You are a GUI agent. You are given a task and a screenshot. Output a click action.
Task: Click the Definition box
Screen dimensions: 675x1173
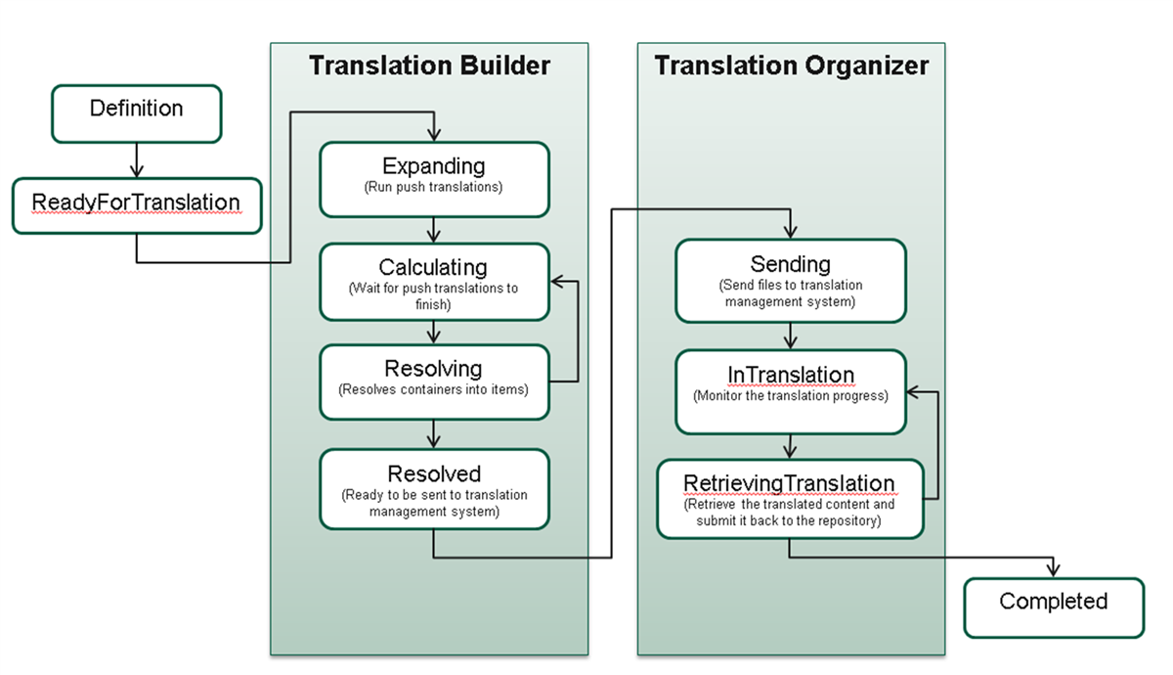tap(136, 112)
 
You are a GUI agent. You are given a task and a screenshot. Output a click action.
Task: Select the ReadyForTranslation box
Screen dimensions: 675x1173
tap(137, 205)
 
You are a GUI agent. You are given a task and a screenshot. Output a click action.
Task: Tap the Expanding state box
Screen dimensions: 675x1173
tap(434, 179)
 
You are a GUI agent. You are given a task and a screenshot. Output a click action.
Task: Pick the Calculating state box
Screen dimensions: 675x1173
tap(434, 282)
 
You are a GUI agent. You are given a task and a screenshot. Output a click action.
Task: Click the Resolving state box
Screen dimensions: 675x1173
tap(434, 382)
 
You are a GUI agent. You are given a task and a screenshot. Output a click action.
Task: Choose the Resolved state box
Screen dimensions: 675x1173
tap(434, 489)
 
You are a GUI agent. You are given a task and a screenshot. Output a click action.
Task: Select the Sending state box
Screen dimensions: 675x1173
tap(790, 280)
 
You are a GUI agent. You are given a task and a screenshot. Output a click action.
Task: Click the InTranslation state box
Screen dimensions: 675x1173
tap(790, 390)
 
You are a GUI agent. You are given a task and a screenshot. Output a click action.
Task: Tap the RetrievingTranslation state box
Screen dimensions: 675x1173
tap(789, 499)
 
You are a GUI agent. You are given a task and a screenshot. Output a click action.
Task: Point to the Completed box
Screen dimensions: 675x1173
tap(1053, 607)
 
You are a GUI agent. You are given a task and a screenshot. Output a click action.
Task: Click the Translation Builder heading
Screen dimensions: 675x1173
tap(429, 66)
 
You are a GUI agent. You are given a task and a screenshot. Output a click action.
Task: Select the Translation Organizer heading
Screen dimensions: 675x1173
tap(791, 66)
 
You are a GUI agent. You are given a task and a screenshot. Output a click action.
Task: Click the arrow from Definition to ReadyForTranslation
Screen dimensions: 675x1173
tap(137, 159)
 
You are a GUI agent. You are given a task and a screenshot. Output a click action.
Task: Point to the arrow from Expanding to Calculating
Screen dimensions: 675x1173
tap(434, 230)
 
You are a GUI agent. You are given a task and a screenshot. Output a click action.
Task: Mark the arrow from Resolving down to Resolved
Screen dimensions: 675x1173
tap(434, 434)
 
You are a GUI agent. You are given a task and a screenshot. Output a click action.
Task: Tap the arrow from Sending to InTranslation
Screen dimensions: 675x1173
tap(790, 336)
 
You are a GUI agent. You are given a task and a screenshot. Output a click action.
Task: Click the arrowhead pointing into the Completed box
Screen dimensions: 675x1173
tap(1054, 570)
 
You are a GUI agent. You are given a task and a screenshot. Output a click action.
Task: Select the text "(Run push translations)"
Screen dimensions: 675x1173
tap(434, 187)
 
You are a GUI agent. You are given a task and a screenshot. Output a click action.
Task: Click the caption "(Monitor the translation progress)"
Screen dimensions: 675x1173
tap(790, 397)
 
